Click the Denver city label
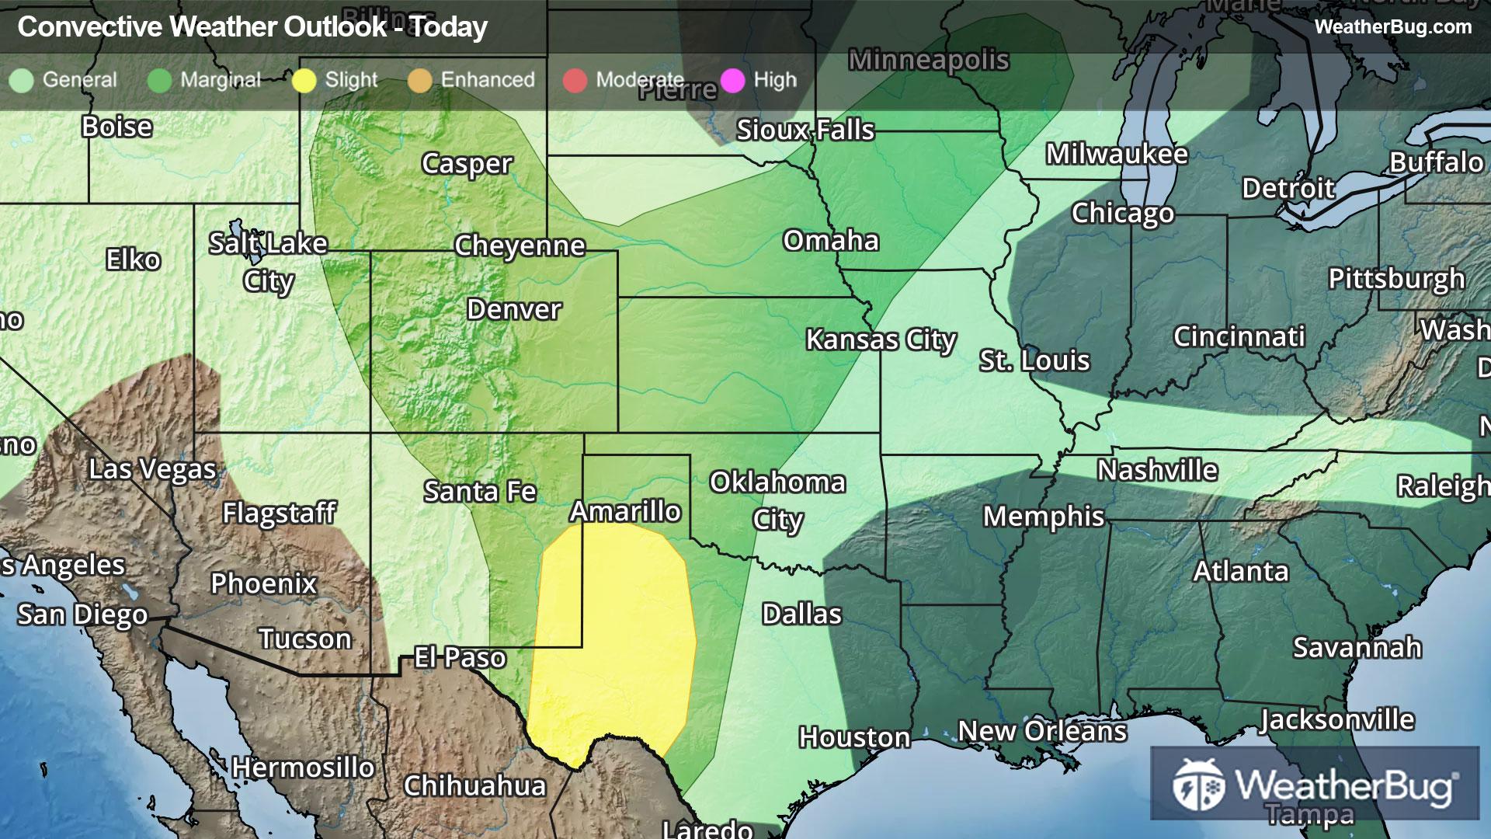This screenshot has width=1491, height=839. click(513, 309)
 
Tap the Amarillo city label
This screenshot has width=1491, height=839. click(625, 511)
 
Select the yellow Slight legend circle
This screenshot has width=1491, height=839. click(304, 80)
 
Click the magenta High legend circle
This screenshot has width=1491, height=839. click(732, 80)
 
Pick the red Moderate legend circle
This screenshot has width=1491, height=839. click(575, 80)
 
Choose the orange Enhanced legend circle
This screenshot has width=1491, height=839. click(420, 80)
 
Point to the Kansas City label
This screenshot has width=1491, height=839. click(881, 339)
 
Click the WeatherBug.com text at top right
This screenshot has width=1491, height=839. click(1392, 26)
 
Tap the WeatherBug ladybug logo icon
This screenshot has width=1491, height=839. click(1198, 785)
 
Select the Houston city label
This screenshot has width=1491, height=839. click(854, 736)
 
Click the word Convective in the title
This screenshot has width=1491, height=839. click(89, 27)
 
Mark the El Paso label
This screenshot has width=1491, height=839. click(460, 657)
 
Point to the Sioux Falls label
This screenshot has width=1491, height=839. click(805, 130)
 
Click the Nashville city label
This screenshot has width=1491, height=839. click(1157, 470)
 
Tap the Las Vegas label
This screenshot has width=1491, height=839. click(152, 469)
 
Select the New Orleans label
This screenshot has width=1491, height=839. click(1042, 730)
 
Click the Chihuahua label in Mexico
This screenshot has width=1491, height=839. click(474, 785)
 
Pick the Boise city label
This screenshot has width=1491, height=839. click(116, 127)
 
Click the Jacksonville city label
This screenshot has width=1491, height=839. click(1336, 719)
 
